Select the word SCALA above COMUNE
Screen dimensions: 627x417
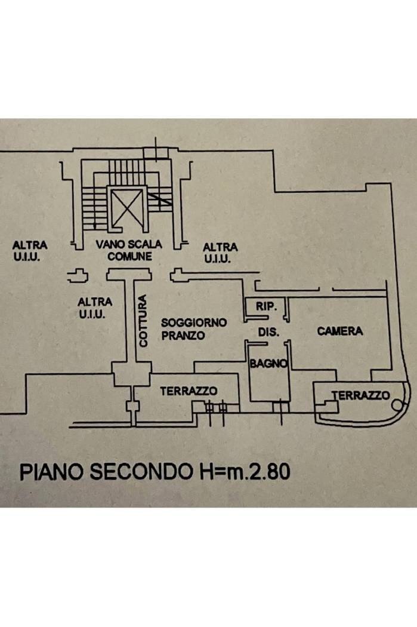144,245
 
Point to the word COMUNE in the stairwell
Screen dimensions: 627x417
129,257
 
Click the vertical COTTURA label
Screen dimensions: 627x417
142,321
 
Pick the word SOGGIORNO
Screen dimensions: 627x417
194,322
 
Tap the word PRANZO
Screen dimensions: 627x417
183,336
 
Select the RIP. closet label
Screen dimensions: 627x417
265,306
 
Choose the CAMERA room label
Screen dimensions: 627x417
340,331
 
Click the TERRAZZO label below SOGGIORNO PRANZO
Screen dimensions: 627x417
188,391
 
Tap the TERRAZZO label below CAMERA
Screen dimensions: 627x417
361,395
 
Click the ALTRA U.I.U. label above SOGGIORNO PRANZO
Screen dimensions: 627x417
220,253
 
